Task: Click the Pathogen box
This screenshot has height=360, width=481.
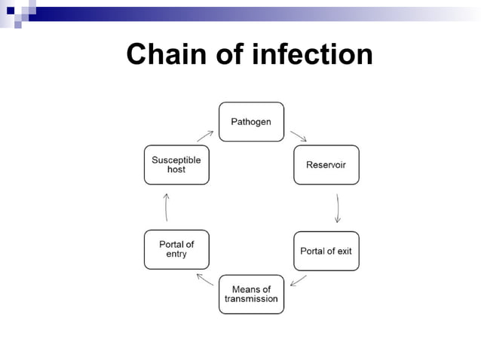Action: (251, 121)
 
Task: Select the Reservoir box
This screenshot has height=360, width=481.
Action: (326, 164)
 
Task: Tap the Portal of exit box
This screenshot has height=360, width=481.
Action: (326, 250)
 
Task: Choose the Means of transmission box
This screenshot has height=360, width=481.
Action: (251, 294)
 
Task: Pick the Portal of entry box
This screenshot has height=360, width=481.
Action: (176, 249)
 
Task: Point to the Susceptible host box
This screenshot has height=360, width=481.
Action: (176, 164)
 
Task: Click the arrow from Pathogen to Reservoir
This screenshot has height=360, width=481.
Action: (298, 136)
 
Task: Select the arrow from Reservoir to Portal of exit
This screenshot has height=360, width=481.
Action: (337, 208)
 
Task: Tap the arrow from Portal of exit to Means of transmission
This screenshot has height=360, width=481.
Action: (298, 280)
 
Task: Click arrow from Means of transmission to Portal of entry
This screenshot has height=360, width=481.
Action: (204, 279)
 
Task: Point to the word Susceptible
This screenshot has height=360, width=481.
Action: (176, 160)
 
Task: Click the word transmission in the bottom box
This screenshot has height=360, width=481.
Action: (251, 299)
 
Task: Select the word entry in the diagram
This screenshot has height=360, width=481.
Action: (176, 255)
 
